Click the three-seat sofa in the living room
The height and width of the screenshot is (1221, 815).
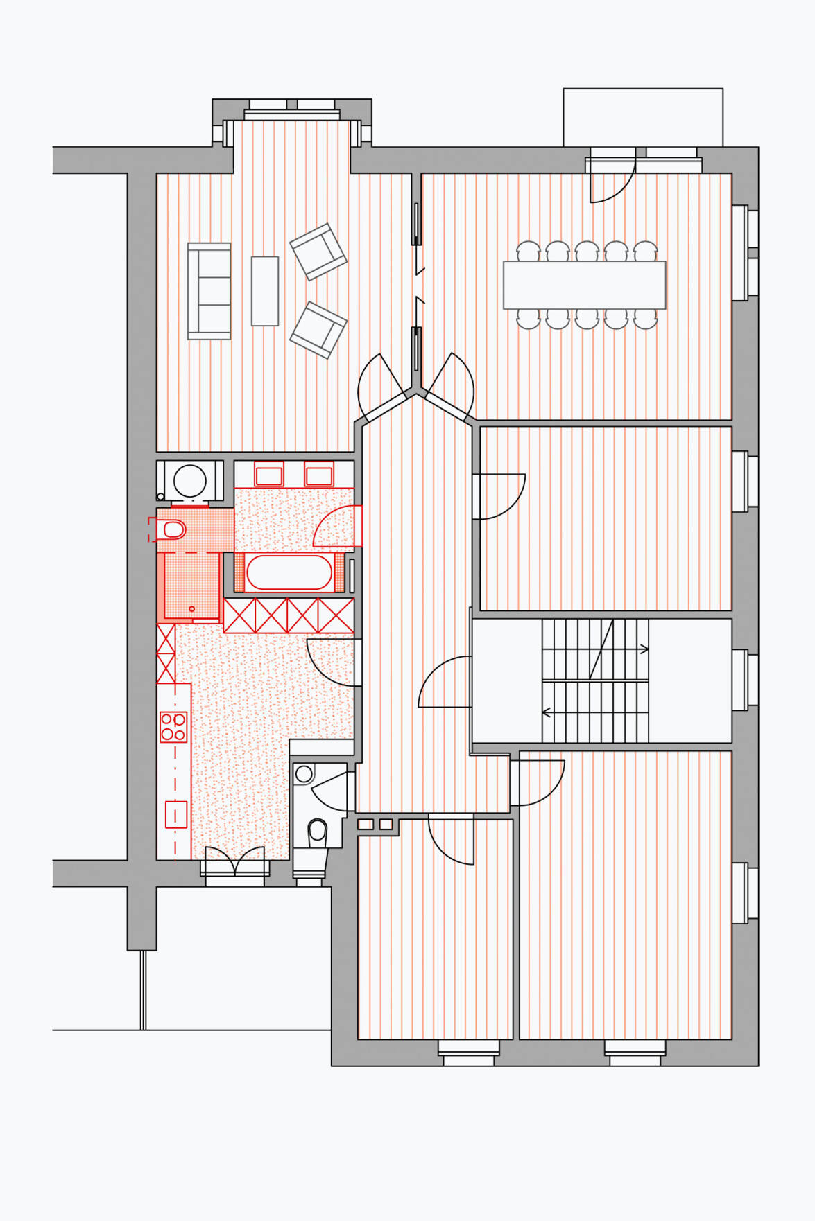(x=209, y=291)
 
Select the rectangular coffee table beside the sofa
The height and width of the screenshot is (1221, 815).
(x=264, y=291)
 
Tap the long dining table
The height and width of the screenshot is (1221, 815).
(x=584, y=285)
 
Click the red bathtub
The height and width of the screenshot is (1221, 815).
(x=289, y=572)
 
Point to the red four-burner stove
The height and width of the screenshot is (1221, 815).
(x=173, y=727)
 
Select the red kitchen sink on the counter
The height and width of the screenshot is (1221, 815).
(x=175, y=814)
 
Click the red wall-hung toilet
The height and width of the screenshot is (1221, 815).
(x=172, y=530)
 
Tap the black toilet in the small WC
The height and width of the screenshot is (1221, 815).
(x=318, y=831)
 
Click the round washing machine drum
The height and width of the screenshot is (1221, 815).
(x=190, y=480)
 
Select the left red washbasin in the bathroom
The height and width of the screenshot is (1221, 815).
(x=269, y=475)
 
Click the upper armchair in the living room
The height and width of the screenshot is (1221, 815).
(x=318, y=252)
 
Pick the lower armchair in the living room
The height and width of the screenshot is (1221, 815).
(x=318, y=330)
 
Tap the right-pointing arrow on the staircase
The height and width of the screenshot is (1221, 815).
(x=644, y=649)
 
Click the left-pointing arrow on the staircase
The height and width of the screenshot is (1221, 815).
(x=547, y=712)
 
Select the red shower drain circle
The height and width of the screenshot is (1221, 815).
(x=192, y=609)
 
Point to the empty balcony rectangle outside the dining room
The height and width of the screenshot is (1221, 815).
(x=642, y=116)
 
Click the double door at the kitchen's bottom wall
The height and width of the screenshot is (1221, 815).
(x=234, y=861)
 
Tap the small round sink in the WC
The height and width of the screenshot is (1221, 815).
(x=304, y=774)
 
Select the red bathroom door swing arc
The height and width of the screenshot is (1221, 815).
(x=336, y=527)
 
